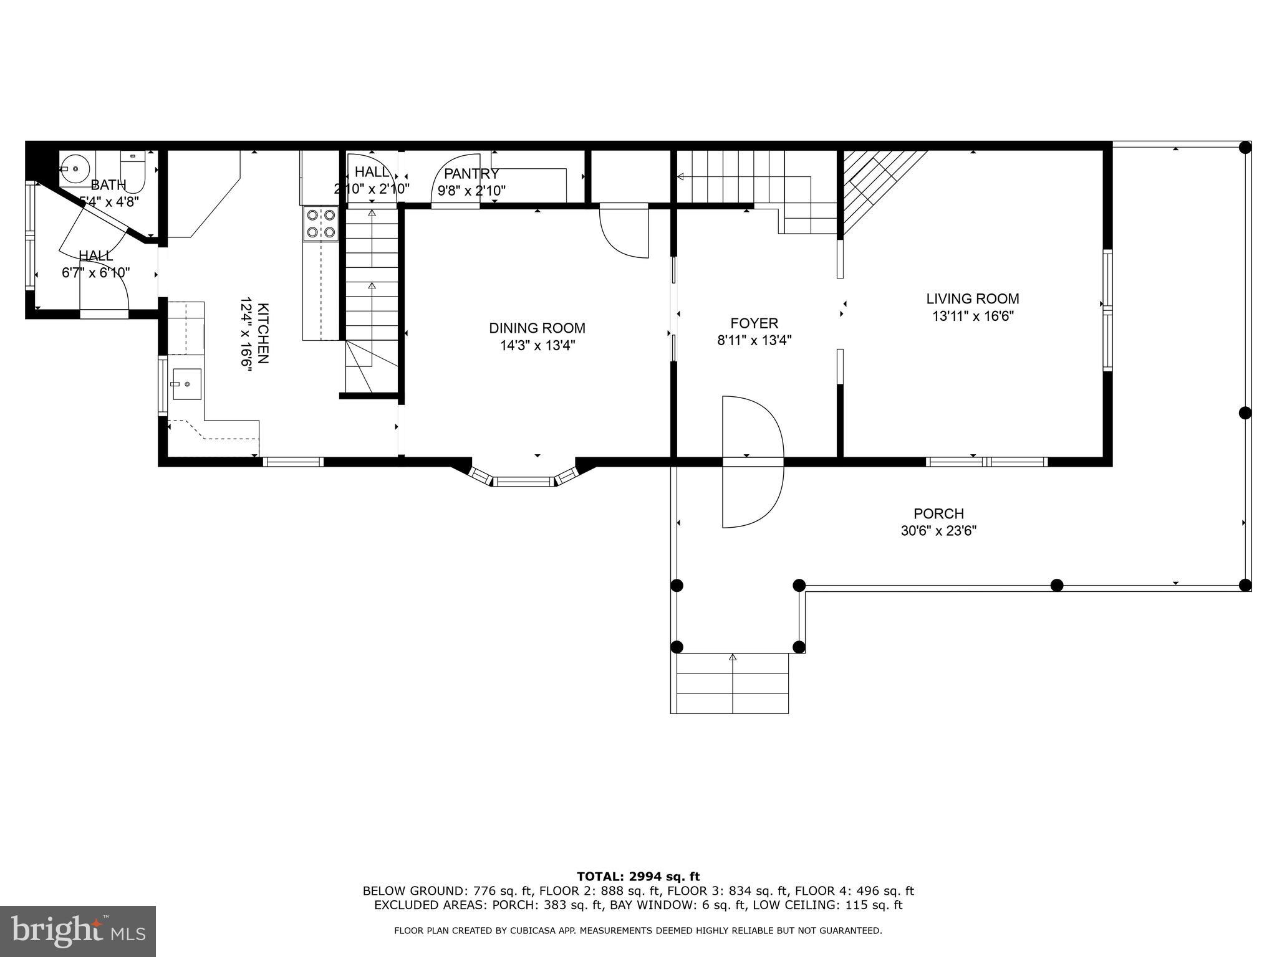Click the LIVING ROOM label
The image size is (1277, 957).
pos(972,299)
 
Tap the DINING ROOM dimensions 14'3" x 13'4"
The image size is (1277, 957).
pos(537,346)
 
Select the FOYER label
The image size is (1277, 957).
pos(754,323)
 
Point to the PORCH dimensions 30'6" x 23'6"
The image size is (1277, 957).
pos(938,531)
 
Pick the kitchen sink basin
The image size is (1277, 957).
pos(186,384)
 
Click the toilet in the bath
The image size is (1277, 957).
pos(133,169)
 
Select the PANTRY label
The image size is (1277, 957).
pos(471,174)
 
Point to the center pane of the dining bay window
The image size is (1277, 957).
pos(524,481)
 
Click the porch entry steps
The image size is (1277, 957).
pos(732,683)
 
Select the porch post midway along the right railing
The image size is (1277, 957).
pos(1245,413)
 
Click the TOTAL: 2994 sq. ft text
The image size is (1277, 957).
pos(638,877)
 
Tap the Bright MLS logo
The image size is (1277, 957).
pos(77,931)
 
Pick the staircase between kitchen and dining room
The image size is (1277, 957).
pos(372,293)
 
